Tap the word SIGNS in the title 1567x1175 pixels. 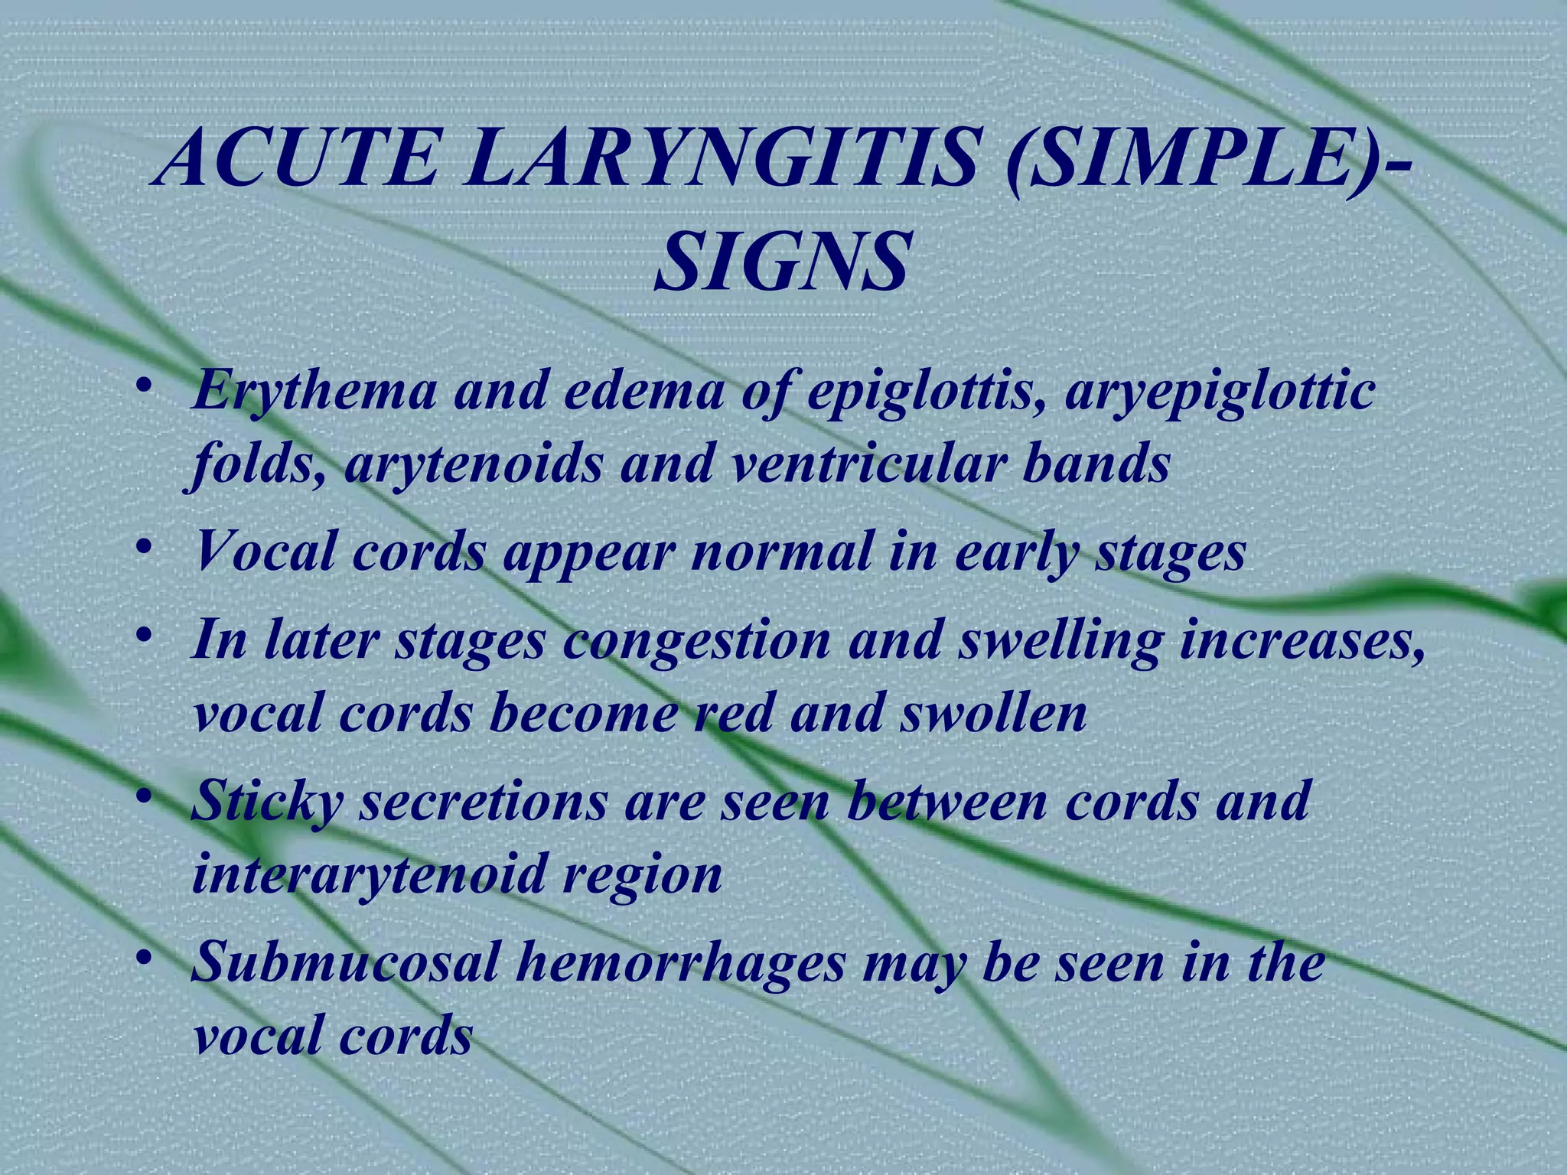click(782, 262)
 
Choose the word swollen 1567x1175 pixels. click(992, 713)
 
